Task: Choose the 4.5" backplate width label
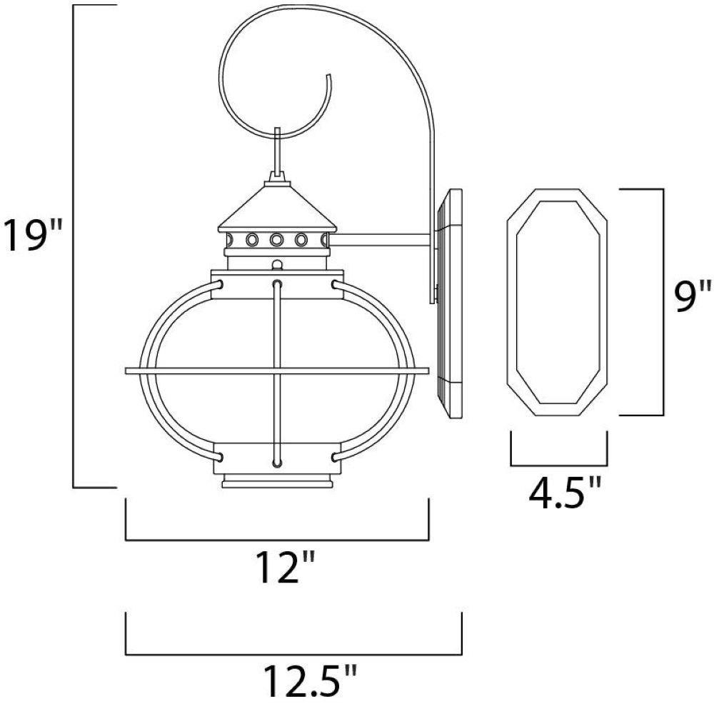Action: pyautogui.click(x=565, y=493)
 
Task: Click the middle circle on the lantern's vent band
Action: pyautogui.click(x=276, y=239)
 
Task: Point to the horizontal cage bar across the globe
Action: pyautogui.click(x=277, y=371)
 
